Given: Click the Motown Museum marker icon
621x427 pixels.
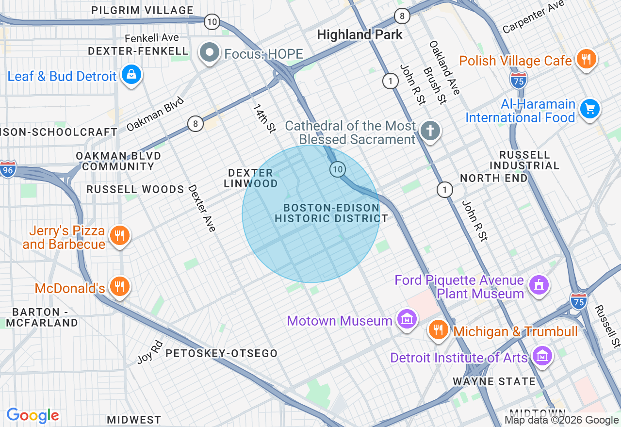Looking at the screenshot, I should [x=407, y=319].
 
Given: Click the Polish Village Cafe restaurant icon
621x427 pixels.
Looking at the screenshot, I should [x=586, y=59].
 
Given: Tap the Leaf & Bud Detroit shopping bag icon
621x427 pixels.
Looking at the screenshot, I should [x=131, y=75].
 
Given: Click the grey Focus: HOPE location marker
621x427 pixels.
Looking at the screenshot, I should [x=210, y=53].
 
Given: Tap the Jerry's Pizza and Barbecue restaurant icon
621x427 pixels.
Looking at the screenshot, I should [x=118, y=236].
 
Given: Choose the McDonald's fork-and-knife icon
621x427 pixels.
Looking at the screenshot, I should [x=118, y=286].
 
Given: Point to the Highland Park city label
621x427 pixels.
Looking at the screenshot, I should [x=360, y=34].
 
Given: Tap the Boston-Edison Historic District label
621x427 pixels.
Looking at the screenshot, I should [x=331, y=213].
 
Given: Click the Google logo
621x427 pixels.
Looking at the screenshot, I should [x=33, y=415].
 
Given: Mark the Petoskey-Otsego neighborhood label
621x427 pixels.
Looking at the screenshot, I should [x=221, y=353].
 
